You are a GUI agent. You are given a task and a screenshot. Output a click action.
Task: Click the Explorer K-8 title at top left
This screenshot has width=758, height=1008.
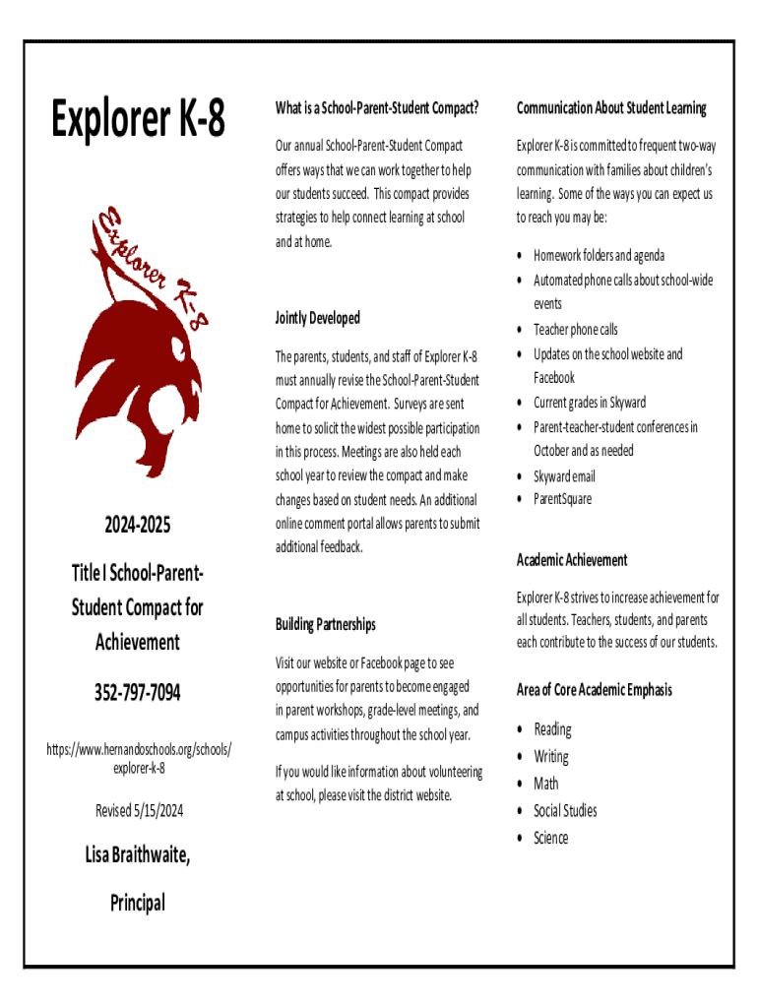pyautogui.click(x=138, y=120)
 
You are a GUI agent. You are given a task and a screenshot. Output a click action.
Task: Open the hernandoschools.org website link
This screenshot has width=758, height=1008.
pyautogui.click(x=138, y=758)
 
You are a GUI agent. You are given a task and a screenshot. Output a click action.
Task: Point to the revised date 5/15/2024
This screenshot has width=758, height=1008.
pyautogui.click(x=138, y=810)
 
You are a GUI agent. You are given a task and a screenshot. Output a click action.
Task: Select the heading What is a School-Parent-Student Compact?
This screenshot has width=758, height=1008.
pyautogui.click(x=377, y=107)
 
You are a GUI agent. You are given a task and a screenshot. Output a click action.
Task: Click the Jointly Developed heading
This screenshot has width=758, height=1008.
pyautogui.click(x=318, y=318)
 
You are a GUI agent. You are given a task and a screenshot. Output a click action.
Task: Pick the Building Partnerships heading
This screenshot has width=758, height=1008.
pyautogui.click(x=325, y=624)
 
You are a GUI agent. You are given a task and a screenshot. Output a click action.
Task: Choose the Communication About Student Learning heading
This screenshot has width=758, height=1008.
pyautogui.click(x=611, y=107)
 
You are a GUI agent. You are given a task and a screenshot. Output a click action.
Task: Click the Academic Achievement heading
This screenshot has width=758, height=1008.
pyautogui.click(x=572, y=559)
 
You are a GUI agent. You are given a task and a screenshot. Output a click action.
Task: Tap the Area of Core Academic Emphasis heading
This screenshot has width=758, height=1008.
pyautogui.click(x=595, y=689)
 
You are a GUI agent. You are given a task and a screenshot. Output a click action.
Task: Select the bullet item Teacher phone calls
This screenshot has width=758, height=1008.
pyautogui.click(x=576, y=329)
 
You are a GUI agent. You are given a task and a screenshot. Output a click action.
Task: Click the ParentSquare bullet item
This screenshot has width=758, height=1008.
pyautogui.click(x=563, y=499)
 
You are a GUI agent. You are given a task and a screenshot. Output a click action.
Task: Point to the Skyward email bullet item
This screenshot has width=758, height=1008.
pyautogui.click(x=564, y=476)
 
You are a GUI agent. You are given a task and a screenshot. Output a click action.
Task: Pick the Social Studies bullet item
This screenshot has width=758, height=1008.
pyautogui.click(x=565, y=810)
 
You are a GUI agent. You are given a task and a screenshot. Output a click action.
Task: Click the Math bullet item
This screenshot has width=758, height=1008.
pyautogui.click(x=546, y=784)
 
